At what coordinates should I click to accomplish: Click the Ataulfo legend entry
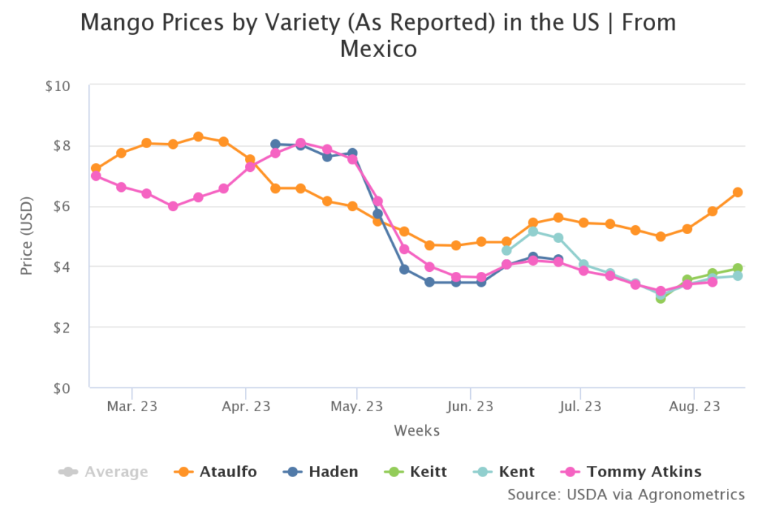215,472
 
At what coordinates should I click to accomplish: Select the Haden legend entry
321,472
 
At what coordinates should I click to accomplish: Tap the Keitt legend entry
417,472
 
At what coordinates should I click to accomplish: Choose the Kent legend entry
505,472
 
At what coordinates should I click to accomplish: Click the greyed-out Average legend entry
104,472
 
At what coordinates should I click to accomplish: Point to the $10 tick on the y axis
58,86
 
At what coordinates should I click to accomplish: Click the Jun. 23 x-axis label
470,407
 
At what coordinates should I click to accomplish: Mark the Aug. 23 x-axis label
694,407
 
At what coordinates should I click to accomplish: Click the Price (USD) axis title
27,237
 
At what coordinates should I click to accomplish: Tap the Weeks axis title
417,430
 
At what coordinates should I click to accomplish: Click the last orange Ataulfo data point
737,193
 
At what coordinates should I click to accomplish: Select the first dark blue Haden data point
275,144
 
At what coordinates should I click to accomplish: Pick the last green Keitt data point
737,268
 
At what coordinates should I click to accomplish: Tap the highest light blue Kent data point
532,231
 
